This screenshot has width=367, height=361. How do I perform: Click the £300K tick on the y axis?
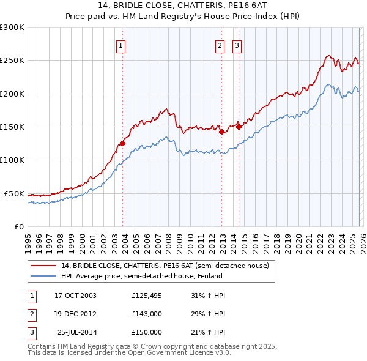tap(12, 28)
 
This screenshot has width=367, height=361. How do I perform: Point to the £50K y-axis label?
tap(14, 193)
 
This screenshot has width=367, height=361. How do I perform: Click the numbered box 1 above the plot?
tap(120, 45)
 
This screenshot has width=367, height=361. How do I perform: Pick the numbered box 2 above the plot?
tap(220, 45)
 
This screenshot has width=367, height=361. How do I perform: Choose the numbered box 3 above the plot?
tap(237, 45)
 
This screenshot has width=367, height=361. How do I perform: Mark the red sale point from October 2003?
tap(123, 143)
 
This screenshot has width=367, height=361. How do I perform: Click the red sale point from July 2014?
tap(239, 127)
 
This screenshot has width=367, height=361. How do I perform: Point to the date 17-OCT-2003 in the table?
tap(75, 296)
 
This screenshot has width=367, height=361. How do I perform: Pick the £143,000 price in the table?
tap(146, 314)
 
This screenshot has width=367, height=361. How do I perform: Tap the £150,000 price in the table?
tap(146, 332)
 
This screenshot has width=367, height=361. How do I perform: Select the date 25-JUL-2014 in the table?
tap(77, 332)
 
